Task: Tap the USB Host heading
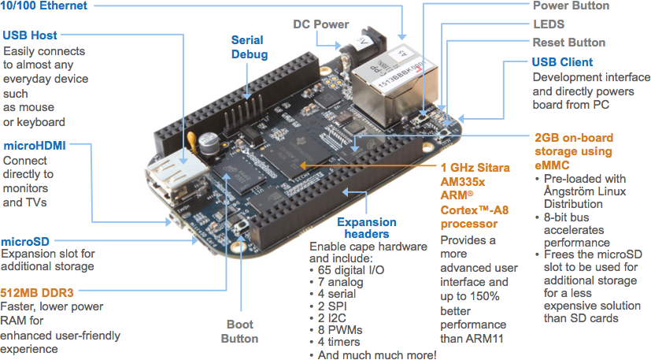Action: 30,35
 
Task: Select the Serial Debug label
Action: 247,47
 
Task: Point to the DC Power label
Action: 320,24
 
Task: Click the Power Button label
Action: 571,6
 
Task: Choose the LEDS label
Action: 549,24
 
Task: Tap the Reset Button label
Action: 568,43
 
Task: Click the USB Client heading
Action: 562,62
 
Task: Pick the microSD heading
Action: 27,241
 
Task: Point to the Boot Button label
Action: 240,331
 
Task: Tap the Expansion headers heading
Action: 366,228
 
